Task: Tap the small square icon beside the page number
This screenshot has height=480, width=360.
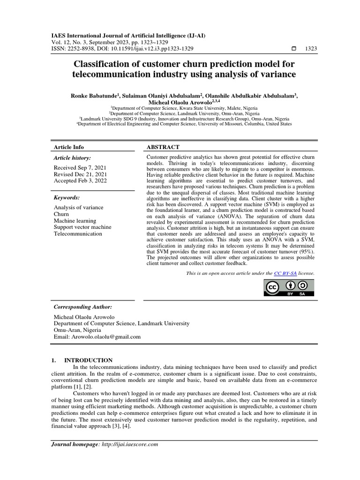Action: point(294,49)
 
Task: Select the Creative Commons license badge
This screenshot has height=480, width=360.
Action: point(289,288)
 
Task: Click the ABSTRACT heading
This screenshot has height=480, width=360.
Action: point(163,147)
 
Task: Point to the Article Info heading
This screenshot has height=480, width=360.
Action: point(69,147)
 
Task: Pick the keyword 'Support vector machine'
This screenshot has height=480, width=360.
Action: point(82,227)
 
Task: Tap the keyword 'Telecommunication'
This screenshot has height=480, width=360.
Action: point(78,233)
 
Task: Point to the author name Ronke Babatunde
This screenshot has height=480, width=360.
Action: point(93,95)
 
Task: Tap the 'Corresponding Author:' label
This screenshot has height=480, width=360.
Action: point(82,307)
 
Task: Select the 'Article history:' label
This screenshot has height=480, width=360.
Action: point(72,158)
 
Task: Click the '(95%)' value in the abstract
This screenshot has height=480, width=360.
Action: point(305,251)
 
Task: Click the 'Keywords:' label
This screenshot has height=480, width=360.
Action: point(67,198)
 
